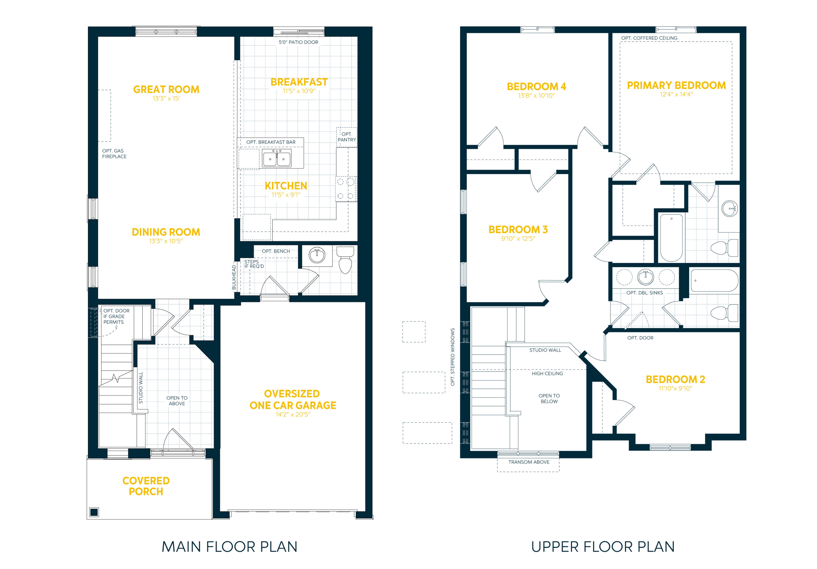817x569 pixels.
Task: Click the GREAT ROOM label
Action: click(x=166, y=89)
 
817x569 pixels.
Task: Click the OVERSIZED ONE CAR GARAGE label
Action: click(x=292, y=399)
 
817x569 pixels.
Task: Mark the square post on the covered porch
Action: click(x=94, y=512)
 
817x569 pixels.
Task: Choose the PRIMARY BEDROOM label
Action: click(x=676, y=85)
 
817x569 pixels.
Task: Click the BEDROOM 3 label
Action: click(x=518, y=229)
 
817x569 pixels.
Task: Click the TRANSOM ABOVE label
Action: click(x=529, y=462)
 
